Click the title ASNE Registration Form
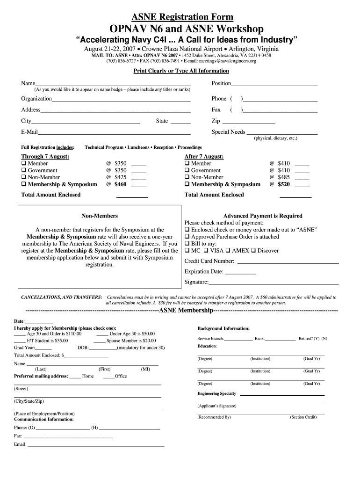180,17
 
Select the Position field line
274,85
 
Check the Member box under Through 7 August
24,163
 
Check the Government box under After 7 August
187,170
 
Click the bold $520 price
284,184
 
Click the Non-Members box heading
100,216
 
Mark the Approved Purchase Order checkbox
187,237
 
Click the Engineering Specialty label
216,393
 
